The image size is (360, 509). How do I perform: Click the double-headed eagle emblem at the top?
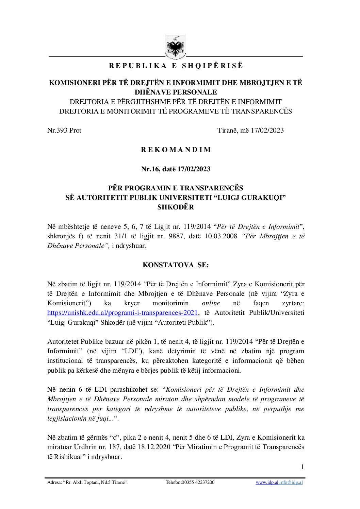176,48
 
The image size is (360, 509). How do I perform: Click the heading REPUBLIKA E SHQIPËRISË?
176,66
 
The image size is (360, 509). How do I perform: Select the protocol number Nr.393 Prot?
64,130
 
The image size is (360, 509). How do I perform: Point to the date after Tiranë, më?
267,130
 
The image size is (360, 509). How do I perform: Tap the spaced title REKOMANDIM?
176,150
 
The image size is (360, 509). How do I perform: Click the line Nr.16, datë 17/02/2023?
176,169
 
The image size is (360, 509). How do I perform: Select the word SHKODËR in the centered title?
176,207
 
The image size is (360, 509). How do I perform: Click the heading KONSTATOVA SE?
176,265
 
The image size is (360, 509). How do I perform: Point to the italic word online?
211,303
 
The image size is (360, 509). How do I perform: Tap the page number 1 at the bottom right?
302,467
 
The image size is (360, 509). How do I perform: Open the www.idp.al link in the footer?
267,482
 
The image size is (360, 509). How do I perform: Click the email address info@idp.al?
291,482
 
